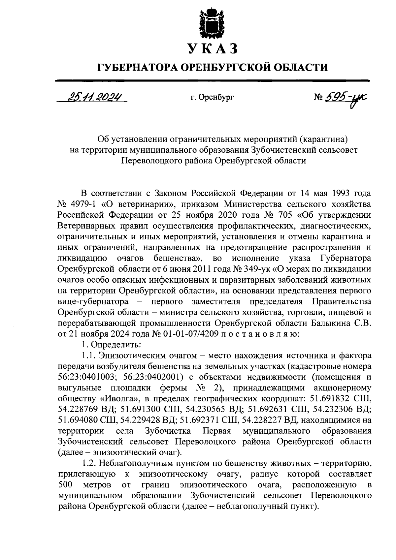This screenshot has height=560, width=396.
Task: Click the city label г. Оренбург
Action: coord(212,97)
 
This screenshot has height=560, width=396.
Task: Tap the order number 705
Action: coord(282,215)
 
